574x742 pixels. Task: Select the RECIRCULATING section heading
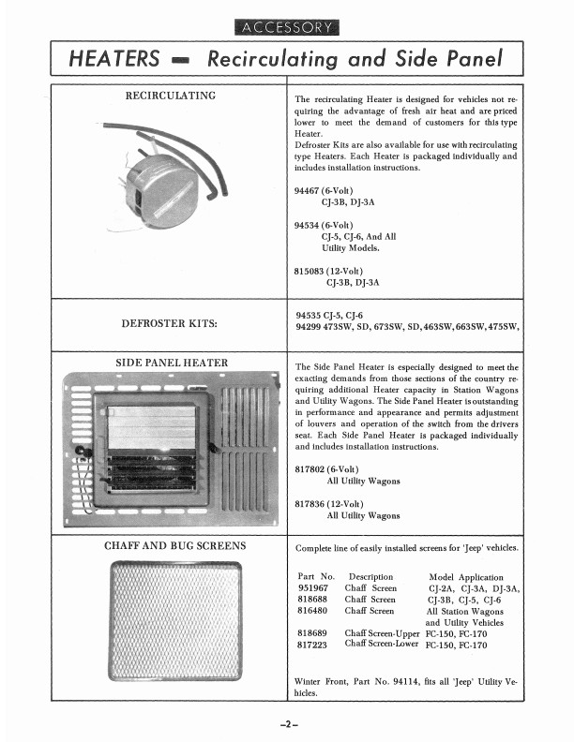click(x=171, y=96)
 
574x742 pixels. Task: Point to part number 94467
click(x=308, y=189)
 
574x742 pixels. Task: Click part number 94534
click(x=308, y=226)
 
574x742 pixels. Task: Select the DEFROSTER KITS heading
click(x=170, y=324)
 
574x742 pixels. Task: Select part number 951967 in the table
click(x=314, y=588)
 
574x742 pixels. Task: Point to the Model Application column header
click(x=465, y=577)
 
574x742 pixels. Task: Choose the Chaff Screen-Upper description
click(x=381, y=633)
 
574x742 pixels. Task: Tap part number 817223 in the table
click(x=314, y=645)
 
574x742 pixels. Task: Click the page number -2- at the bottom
click(x=287, y=722)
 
